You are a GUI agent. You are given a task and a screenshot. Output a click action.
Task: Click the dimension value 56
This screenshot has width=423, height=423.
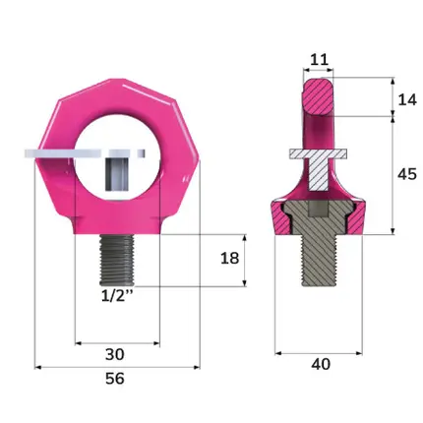115,379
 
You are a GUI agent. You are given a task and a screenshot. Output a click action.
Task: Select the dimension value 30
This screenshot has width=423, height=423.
115,354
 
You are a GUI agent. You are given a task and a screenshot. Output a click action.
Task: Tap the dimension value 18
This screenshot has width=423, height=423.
229,259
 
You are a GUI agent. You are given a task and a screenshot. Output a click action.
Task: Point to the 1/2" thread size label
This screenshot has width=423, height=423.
117,296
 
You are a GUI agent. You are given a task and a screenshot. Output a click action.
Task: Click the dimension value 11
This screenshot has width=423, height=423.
319,60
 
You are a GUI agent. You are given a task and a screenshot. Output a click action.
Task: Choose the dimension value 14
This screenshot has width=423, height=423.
407,99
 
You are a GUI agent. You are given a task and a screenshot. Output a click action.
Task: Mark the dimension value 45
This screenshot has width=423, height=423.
407,174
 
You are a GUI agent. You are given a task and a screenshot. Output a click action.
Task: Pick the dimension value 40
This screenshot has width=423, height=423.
321,364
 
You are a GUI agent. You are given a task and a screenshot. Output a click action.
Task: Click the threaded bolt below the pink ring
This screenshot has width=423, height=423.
117,261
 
